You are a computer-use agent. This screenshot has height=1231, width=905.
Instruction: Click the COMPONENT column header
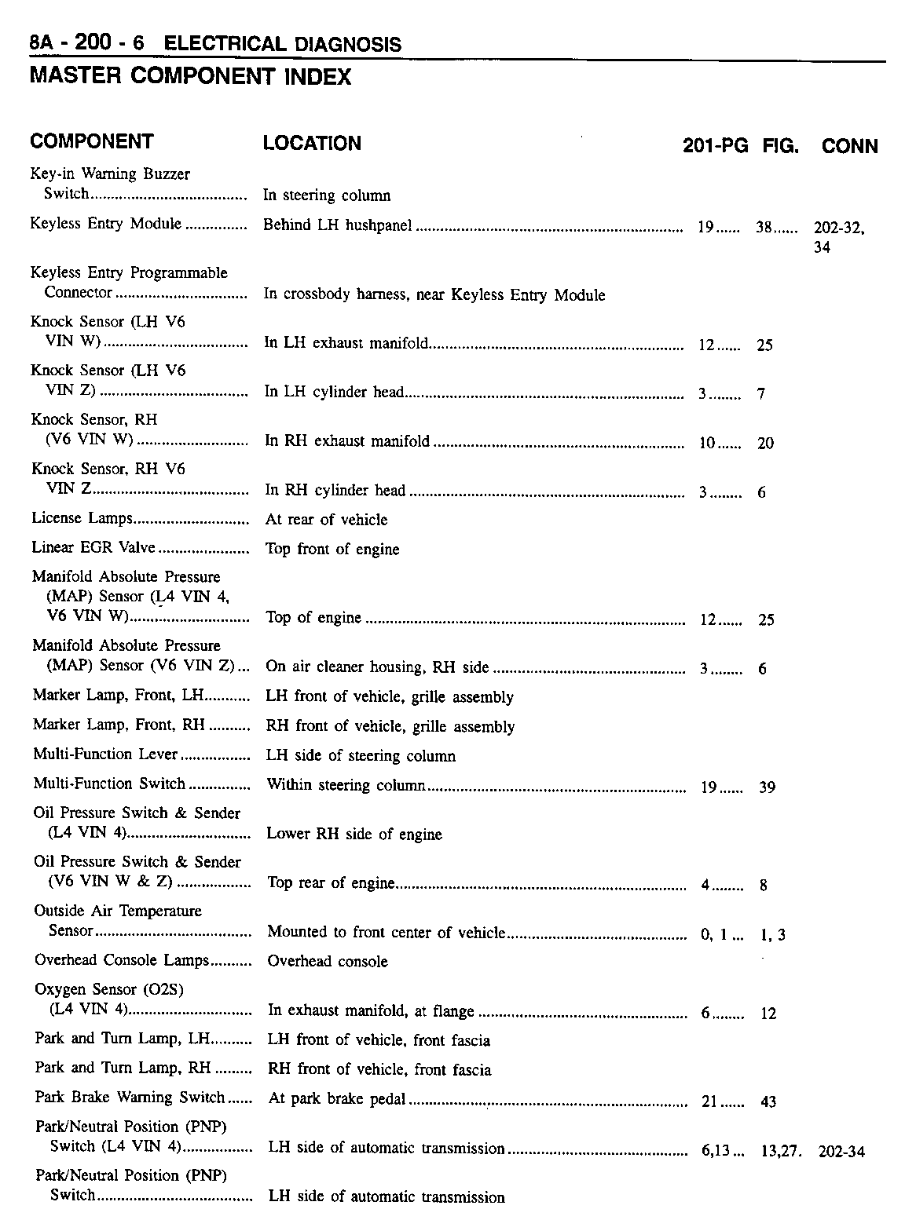click(x=91, y=142)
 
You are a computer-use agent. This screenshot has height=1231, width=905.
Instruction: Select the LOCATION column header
click(x=312, y=144)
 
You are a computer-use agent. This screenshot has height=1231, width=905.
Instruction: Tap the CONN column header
click(x=849, y=146)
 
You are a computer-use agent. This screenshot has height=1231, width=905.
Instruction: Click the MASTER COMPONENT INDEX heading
click(x=189, y=77)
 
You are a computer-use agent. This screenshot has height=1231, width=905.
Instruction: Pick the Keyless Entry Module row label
click(x=105, y=224)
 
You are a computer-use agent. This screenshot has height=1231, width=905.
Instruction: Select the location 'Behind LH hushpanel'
click(x=337, y=226)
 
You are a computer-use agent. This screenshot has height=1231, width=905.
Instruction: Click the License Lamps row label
click(x=82, y=518)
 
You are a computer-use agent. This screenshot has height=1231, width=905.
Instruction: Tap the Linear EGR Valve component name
click(x=93, y=547)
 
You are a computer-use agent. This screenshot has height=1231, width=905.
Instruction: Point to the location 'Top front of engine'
click(x=332, y=550)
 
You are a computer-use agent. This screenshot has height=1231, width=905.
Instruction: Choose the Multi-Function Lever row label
click(x=105, y=754)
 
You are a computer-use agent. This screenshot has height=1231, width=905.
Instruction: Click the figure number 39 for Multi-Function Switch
click(x=768, y=787)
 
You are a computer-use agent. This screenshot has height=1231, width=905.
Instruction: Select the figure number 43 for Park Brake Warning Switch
click(x=768, y=1102)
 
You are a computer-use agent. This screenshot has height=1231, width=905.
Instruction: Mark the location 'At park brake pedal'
click(x=337, y=1099)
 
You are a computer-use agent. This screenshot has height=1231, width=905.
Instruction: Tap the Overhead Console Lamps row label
click(x=122, y=960)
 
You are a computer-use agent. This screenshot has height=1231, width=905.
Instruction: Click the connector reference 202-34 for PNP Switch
click(x=841, y=1152)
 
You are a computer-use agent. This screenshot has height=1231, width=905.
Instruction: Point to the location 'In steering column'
click(x=326, y=195)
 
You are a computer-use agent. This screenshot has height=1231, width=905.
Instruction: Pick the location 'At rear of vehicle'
click(x=326, y=520)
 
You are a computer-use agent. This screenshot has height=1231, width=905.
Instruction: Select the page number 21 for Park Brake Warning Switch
click(x=709, y=1101)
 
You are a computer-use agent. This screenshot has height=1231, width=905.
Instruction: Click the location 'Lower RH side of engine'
click(x=354, y=834)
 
